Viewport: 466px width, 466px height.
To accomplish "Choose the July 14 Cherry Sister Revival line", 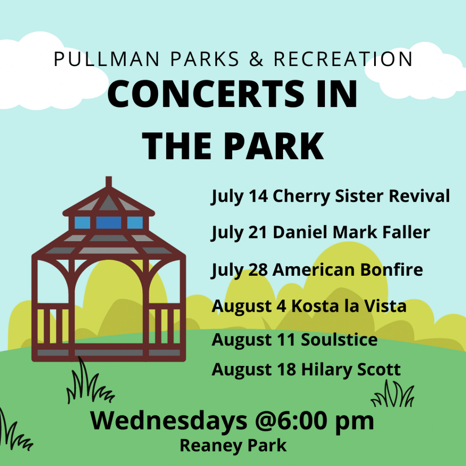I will [330, 196].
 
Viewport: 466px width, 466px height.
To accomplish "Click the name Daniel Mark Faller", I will [351, 233].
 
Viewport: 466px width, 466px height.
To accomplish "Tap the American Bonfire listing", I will [348, 269].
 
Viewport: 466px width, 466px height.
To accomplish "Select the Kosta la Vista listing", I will [349, 306].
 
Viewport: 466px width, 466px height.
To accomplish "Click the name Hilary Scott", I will [351, 369].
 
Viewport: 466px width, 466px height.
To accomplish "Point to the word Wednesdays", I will [167, 421].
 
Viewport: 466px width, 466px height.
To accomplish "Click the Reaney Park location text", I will [233, 446].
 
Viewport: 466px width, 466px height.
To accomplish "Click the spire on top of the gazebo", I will [108, 182].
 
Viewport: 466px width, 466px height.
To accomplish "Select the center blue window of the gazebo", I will [108, 223].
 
